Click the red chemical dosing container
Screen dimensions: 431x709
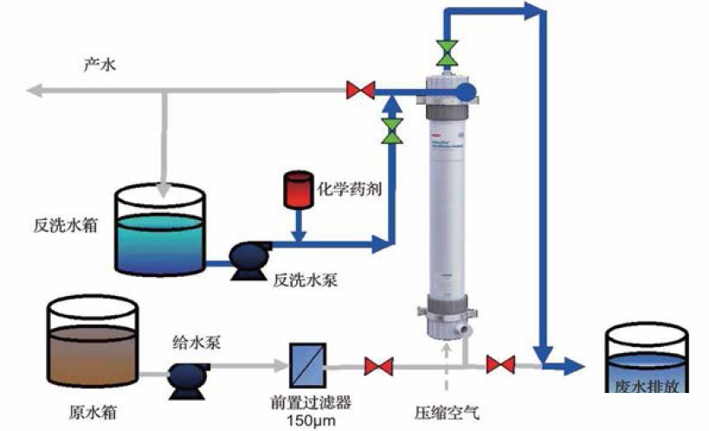[x=297, y=190]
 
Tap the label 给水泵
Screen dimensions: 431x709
[x=197, y=342]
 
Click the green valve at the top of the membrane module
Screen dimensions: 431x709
[x=448, y=53]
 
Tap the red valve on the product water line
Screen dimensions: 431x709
[x=359, y=89]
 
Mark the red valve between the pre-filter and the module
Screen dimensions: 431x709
[x=377, y=366]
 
